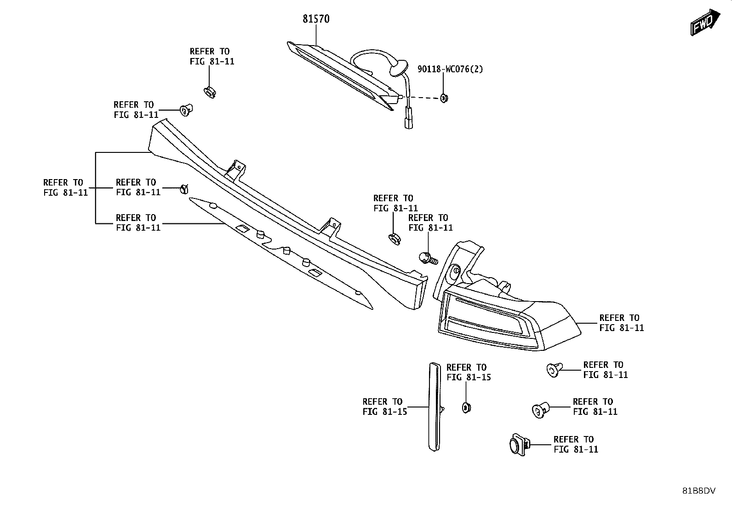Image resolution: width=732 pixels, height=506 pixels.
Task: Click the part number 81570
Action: [x=316, y=19]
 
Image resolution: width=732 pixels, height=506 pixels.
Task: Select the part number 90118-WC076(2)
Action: [x=450, y=69]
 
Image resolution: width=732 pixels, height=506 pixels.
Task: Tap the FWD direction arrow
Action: [x=705, y=22]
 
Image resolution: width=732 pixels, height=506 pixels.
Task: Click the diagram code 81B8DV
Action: [x=699, y=491]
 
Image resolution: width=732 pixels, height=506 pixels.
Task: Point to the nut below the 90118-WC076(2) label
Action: [x=444, y=98]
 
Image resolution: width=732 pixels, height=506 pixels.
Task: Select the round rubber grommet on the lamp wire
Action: [x=398, y=68]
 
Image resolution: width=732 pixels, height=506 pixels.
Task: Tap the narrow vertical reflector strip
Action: [x=435, y=407]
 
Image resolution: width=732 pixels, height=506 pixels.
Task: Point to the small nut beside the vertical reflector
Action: [x=466, y=407]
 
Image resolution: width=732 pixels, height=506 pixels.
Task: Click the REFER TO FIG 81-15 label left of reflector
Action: [x=385, y=406]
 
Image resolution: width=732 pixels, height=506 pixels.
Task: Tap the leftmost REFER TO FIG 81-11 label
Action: [x=65, y=187]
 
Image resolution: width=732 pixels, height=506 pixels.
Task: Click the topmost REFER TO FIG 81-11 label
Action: [x=212, y=56]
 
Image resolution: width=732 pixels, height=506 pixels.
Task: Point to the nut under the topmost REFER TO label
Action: [x=210, y=92]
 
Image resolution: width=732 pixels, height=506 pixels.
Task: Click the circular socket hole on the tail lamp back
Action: [x=454, y=272]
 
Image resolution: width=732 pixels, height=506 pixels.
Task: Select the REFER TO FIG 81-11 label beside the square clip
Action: [x=576, y=444]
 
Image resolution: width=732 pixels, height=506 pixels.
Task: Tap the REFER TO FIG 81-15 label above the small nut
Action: [x=469, y=372]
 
